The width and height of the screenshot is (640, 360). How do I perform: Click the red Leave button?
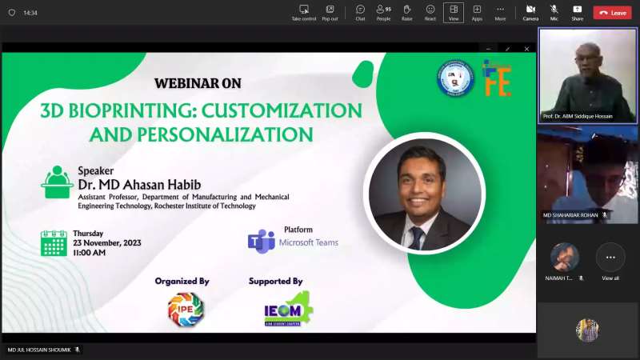point(612,13)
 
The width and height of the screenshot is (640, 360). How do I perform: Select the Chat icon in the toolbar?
point(360,12)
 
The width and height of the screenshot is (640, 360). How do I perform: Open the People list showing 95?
point(383,12)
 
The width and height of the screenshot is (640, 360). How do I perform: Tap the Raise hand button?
point(406,12)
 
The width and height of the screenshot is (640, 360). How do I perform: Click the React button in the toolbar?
point(430,12)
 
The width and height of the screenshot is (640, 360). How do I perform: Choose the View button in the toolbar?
point(454,12)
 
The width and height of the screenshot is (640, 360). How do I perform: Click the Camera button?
point(530,12)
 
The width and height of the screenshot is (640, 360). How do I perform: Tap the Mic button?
point(554,12)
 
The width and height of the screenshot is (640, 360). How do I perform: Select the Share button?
point(577,12)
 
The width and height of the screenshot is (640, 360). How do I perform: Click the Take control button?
point(304,12)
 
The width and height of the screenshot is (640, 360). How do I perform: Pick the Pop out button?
point(330,12)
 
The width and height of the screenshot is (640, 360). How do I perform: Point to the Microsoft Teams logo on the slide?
point(261,241)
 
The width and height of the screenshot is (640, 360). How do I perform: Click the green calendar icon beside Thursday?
point(54,242)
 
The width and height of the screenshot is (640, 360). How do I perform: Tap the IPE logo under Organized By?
point(186,309)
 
